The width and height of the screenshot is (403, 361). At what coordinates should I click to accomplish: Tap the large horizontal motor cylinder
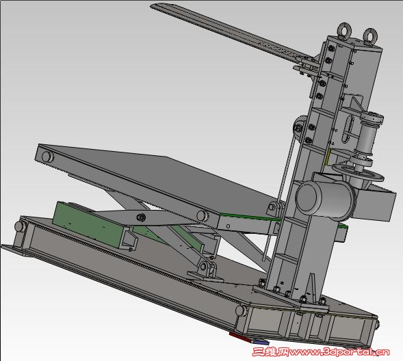pos(324,198)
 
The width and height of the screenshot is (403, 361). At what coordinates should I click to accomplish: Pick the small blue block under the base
pos(261,341)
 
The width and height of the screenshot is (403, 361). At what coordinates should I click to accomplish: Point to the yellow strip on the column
pos(327,157)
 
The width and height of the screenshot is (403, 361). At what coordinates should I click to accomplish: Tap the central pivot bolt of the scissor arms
pos(141,217)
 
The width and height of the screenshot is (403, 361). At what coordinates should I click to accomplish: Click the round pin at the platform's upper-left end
pos(47,157)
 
